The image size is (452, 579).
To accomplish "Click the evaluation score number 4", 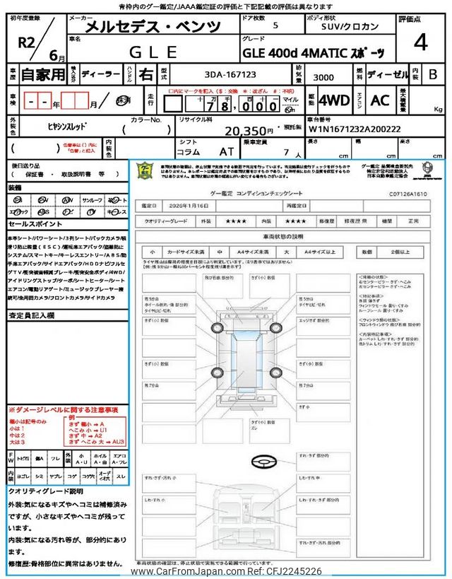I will pyautogui.click(x=421, y=43).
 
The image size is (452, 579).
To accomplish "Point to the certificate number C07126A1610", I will pyautogui.click(x=408, y=192).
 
